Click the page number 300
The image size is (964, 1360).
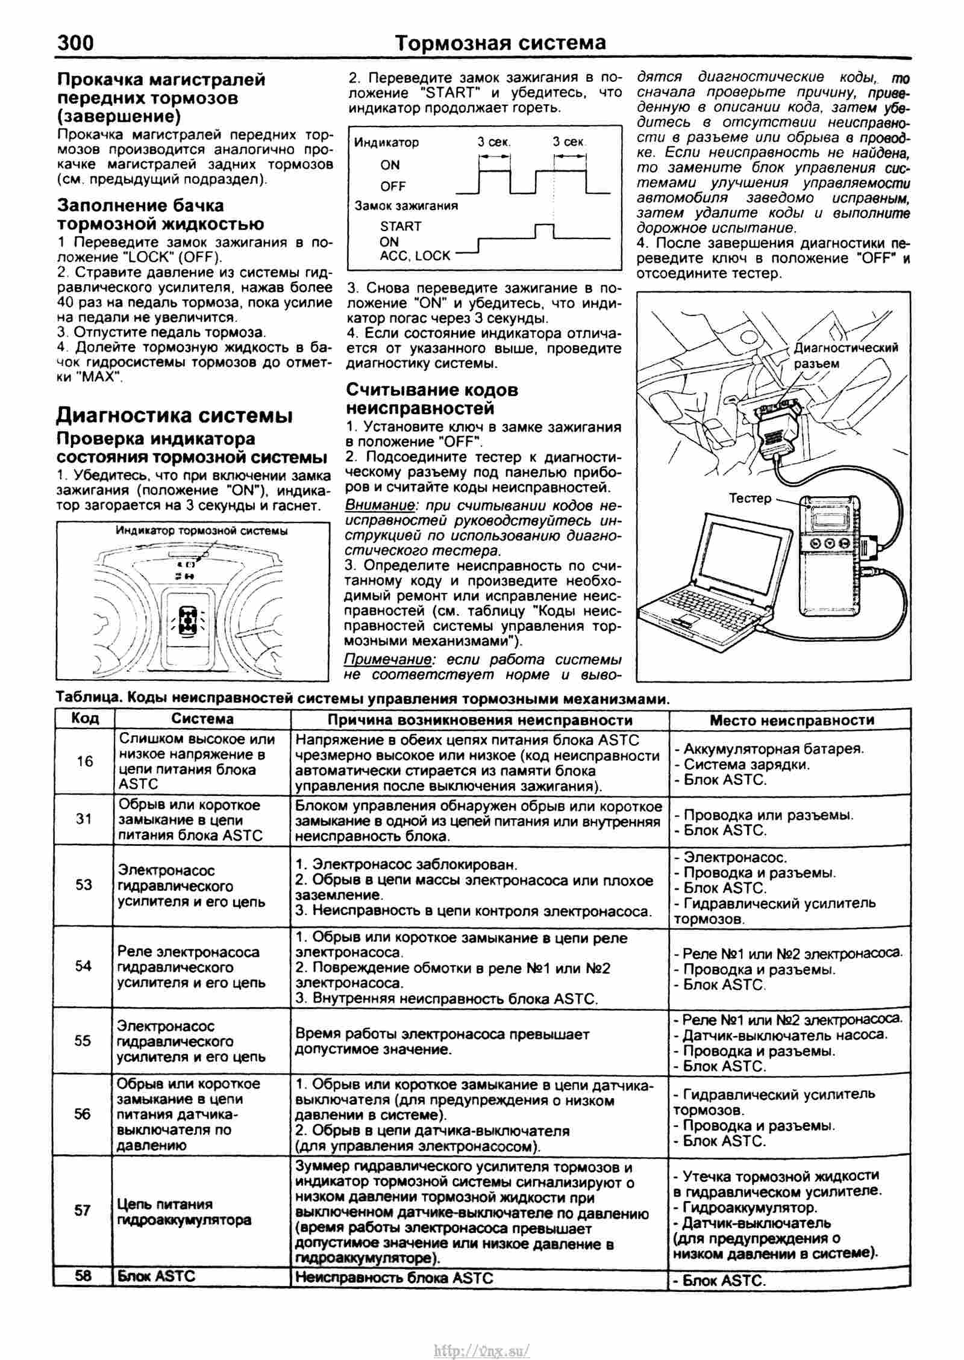click(x=75, y=43)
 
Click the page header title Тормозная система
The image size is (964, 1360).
click(x=499, y=43)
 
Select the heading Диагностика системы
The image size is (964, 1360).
click(x=175, y=415)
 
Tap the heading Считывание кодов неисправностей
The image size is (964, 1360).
click(x=432, y=399)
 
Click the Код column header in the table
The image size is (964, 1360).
click(x=84, y=718)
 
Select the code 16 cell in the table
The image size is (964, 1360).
click(x=84, y=762)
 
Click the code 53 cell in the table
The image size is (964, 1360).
click(x=84, y=884)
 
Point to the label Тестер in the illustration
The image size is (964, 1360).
click(x=750, y=498)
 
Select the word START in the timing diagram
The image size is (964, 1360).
click(x=401, y=226)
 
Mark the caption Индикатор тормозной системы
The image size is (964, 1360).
click(x=201, y=531)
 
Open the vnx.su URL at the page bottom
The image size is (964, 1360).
click(x=481, y=1333)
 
